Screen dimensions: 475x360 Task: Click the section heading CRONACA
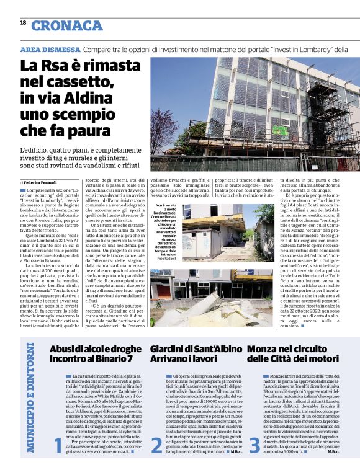click(66, 25)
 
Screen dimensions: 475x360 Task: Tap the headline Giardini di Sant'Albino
click(196, 350)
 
